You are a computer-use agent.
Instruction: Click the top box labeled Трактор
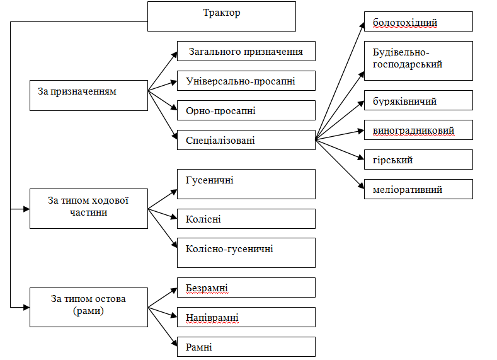click(222, 16)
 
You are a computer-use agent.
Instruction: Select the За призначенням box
click(89, 95)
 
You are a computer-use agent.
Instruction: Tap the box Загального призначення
click(246, 51)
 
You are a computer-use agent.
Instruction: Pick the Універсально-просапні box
click(246, 81)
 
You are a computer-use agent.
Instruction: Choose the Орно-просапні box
click(246, 110)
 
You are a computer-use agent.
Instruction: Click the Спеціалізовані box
click(246, 140)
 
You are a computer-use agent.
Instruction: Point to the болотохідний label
click(405, 23)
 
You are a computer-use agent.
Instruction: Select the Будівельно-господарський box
click(418, 61)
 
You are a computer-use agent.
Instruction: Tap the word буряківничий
click(405, 101)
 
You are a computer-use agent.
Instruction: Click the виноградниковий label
click(414, 131)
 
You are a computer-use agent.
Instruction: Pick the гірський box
click(418, 160)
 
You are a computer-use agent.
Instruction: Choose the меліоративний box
click(418, 189)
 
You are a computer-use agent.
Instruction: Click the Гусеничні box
click(246, 184)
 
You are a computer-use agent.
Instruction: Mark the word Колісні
click(203, 219)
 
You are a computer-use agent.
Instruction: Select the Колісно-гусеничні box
click(246, 253)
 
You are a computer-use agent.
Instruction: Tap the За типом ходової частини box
click(89, 209)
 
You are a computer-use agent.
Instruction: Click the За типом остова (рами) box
click(89, 307)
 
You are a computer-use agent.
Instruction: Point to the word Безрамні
click(207, 288)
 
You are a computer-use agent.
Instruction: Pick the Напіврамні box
click(246, 317)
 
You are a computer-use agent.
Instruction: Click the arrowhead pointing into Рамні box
click(174, 343)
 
